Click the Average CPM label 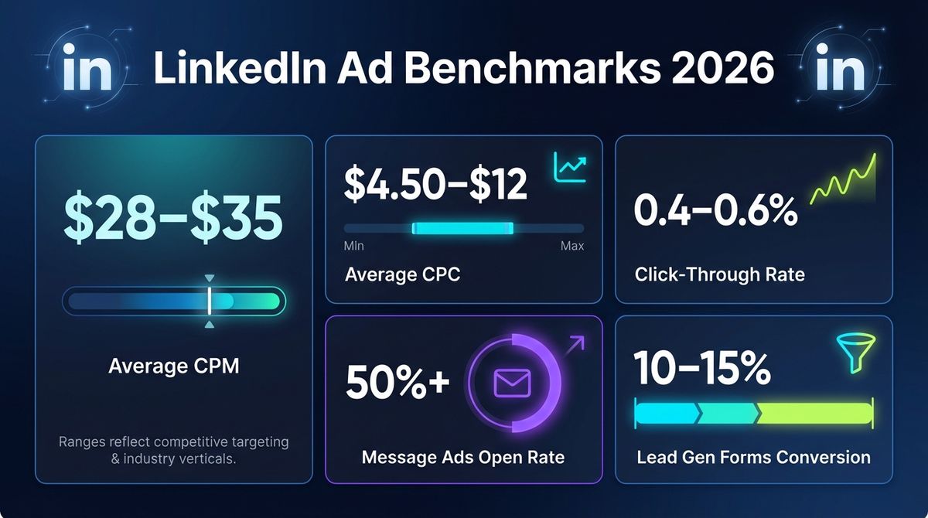click(173, 365)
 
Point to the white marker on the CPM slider click(209, 302)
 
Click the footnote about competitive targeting click(173, 451)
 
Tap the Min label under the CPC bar click(353, 246)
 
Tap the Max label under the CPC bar click(572, 246)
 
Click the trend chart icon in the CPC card click(570, 167)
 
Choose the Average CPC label click(402, 274)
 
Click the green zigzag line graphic click(843, 182)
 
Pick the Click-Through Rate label click(719, 274)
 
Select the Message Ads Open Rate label click(462, 457)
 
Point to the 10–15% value click(701, 369)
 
